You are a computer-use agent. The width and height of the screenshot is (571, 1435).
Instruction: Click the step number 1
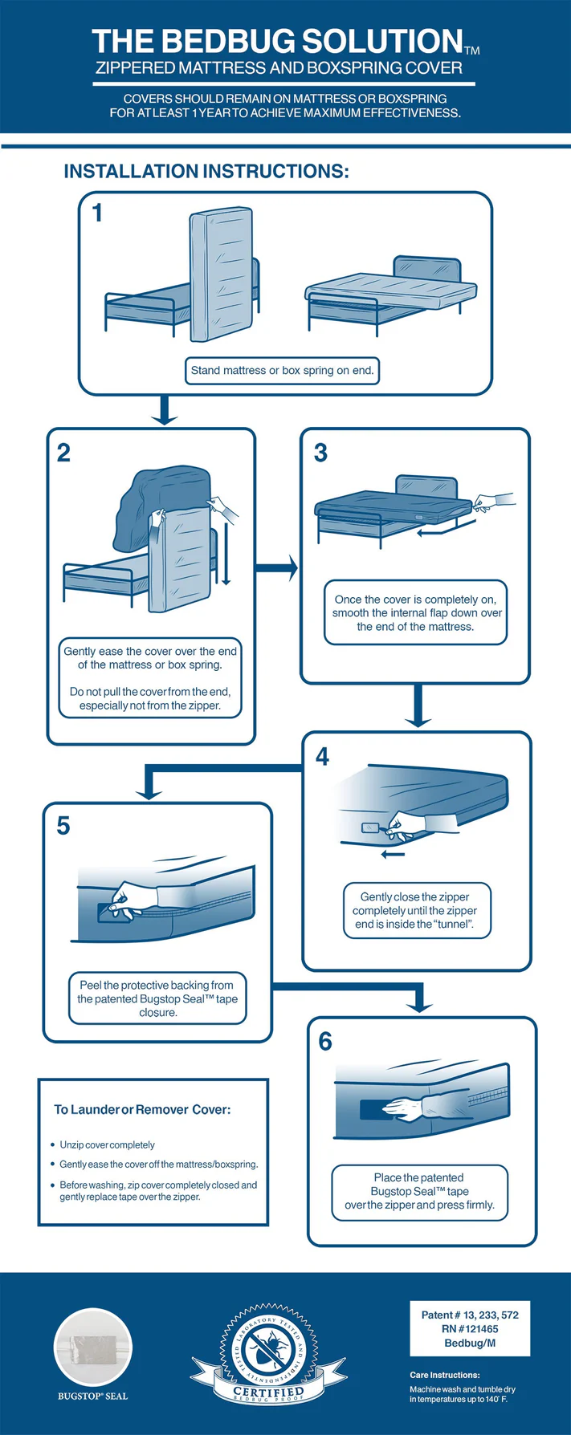(x=97, y=213)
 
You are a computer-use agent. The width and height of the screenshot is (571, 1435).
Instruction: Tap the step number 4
(x=322, y=757)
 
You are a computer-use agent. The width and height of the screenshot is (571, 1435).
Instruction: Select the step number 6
(x=325, y=1042)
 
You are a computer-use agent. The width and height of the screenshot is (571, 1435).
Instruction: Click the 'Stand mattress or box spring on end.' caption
(x=282, y=371)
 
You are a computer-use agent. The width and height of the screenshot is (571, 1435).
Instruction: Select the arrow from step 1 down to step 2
(x=165, y=410)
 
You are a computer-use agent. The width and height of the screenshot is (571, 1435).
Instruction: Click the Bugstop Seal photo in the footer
(x=93, y=1347)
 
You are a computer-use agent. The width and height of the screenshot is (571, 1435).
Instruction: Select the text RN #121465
(x=470, y=1329)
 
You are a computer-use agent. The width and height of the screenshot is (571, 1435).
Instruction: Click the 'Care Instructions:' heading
(x=444, y=1375)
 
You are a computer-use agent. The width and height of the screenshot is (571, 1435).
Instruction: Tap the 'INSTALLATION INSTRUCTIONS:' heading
(x=206, y=172)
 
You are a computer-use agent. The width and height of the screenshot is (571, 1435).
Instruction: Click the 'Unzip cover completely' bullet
(x=107, y=1145)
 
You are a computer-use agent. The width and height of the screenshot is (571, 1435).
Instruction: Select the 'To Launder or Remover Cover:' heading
(x=142, y=1110)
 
